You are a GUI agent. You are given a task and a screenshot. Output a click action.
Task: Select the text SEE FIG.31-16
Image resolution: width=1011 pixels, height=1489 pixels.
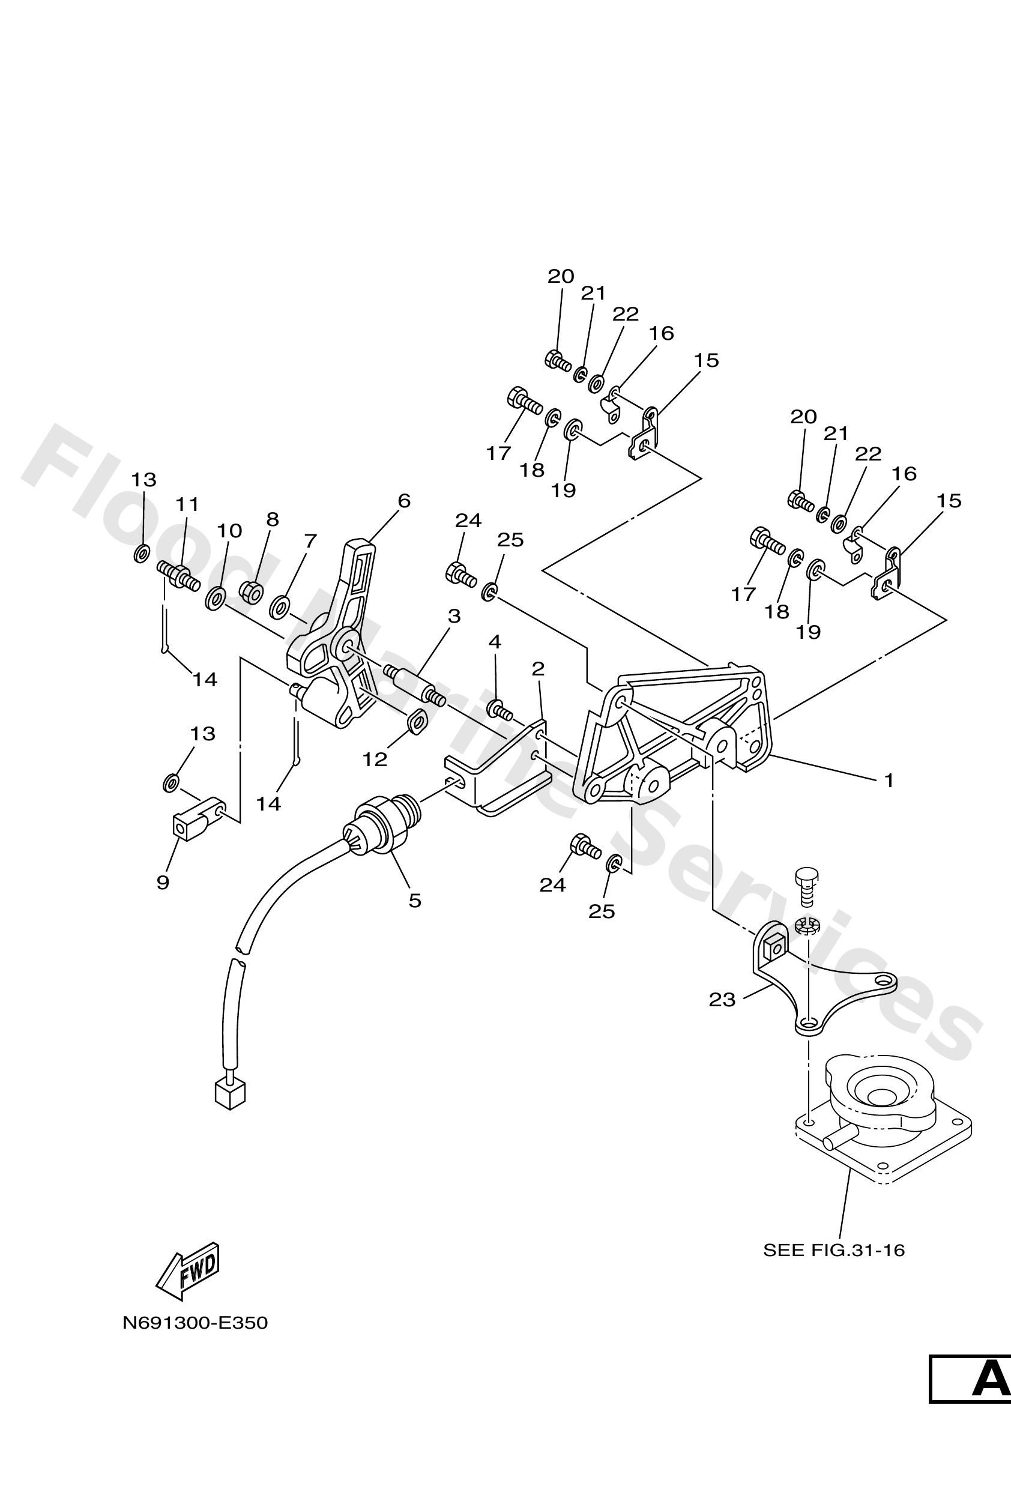coord(833,1250)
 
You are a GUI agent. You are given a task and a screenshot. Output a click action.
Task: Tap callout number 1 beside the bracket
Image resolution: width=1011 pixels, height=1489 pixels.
coord(889,781)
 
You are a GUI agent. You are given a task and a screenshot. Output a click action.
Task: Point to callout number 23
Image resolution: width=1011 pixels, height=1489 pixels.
coord(722,1000)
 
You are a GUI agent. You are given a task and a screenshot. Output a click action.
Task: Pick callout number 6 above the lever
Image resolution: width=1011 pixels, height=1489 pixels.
coord(403,500)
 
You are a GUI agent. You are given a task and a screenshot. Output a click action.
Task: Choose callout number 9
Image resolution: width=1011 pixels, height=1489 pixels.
coord(163,882)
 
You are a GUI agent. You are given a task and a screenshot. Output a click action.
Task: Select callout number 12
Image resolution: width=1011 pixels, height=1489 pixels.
coord(375,760)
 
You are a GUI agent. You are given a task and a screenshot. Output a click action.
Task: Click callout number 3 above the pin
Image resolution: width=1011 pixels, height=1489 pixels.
coord(454,617)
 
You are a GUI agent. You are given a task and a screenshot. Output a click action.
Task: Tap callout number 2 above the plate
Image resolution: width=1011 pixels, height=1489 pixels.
coord(537,669)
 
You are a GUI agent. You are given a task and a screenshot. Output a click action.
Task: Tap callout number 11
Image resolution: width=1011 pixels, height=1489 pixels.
coord(187,504)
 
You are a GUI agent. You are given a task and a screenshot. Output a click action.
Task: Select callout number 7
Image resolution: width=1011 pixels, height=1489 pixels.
coord(310,541)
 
